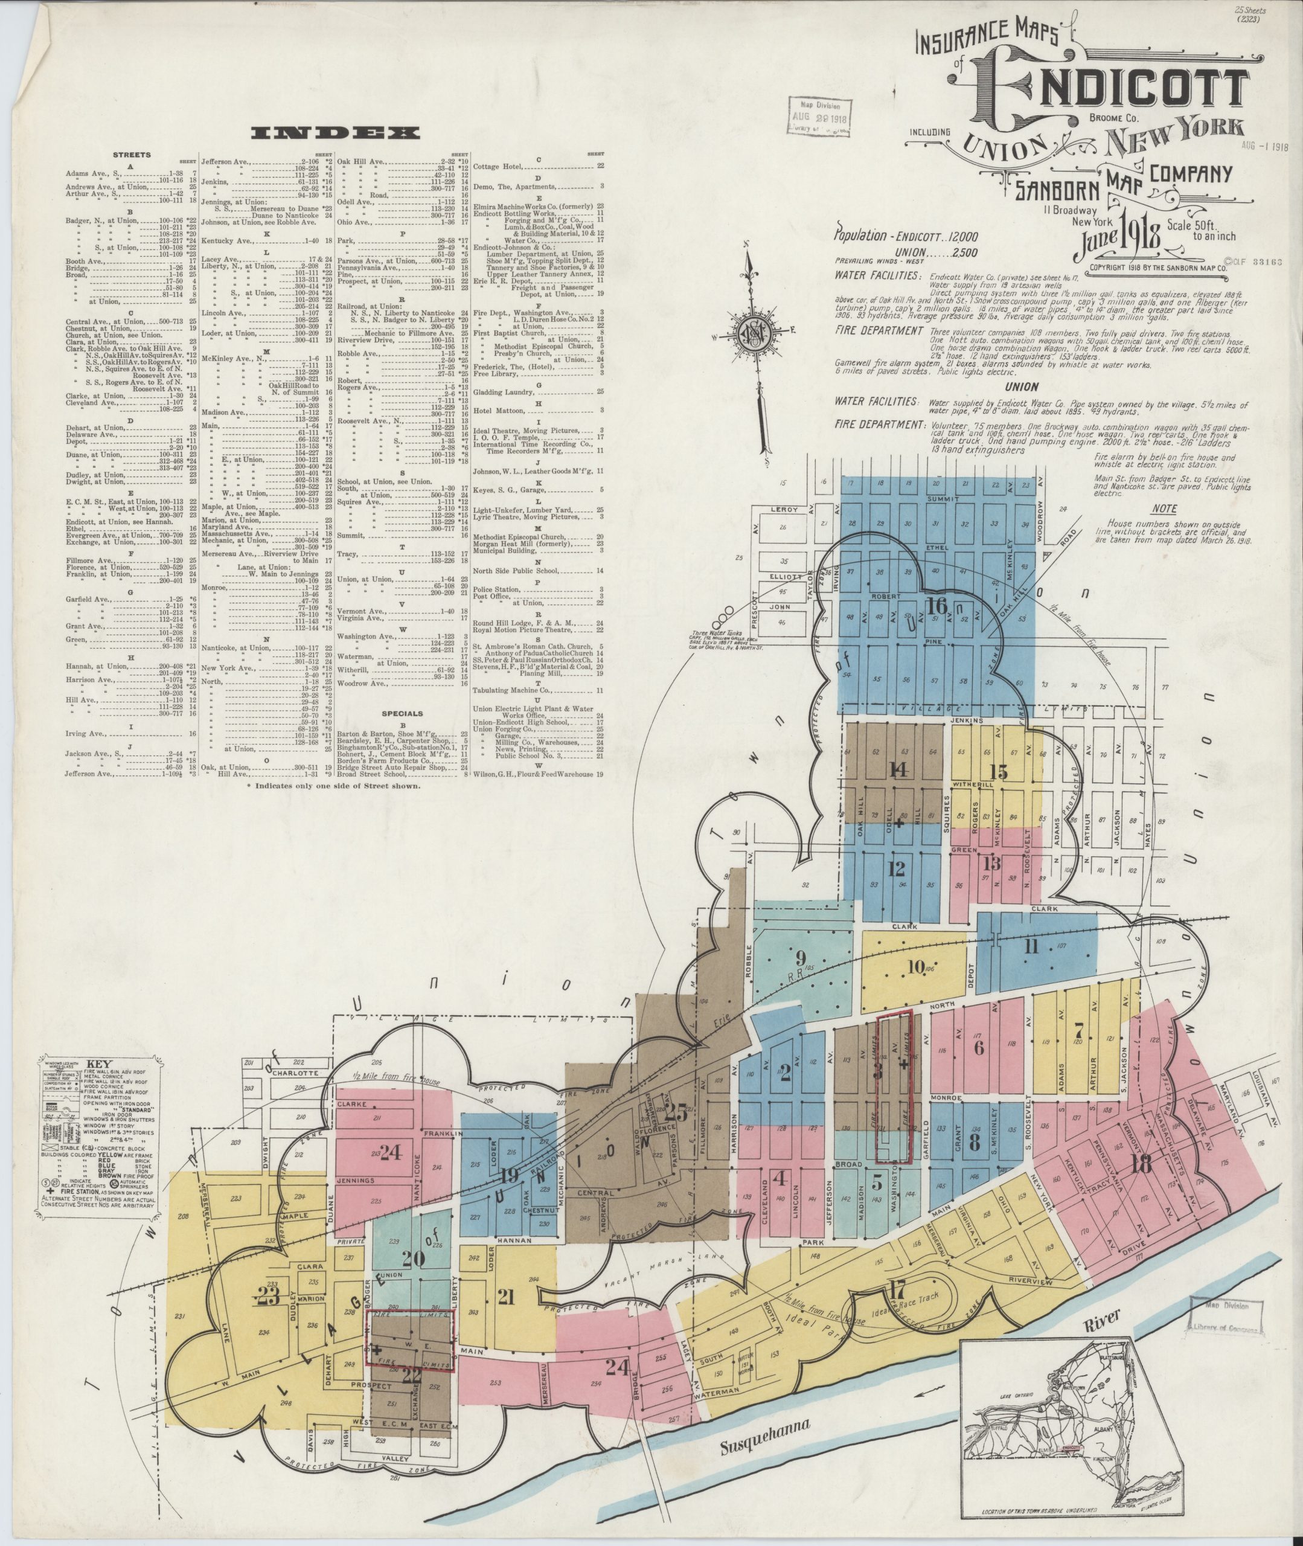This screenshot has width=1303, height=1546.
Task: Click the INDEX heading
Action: tap(335, 133)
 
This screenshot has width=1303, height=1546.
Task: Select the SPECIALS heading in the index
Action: tap(403, 714)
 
